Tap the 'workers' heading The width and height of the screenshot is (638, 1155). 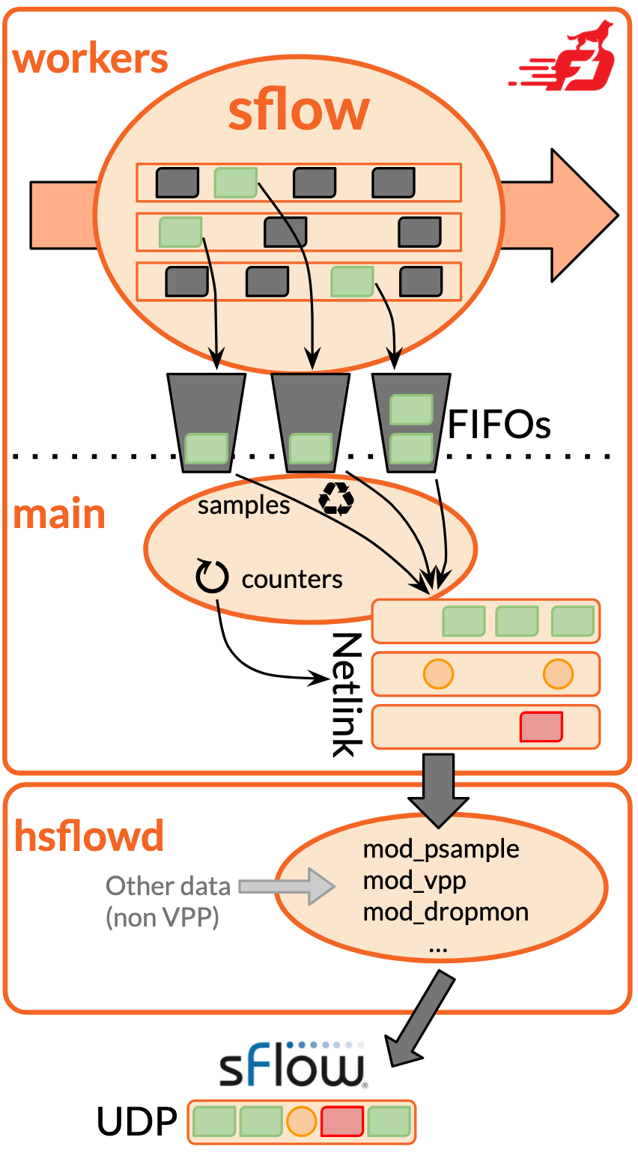90,58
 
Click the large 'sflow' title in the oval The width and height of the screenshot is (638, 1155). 299,111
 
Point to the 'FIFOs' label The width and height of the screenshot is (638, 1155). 499,425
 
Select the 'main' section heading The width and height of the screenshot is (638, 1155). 59,515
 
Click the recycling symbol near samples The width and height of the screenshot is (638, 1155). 335,499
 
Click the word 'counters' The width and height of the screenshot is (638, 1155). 292,579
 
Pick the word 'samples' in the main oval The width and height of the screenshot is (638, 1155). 243,506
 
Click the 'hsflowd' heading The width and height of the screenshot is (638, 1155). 89,836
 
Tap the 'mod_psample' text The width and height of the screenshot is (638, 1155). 441,849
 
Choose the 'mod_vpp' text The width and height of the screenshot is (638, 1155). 414,881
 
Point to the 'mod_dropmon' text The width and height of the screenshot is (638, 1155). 446,912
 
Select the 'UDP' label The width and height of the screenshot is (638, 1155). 137,1122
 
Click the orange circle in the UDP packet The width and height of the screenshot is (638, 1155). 301,1121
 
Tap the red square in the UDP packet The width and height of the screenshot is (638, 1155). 342,1121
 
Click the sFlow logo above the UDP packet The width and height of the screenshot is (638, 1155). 292,1064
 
